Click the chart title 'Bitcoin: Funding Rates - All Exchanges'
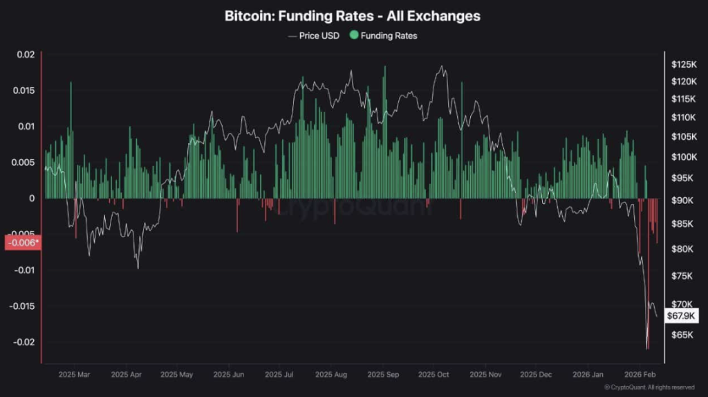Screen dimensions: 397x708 click(x=353, y=15)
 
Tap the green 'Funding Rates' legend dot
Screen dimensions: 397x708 click(x=355, y=35)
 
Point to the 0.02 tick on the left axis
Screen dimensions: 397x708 click(x=26, y=55)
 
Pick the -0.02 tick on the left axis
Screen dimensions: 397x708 click(x=24, y=342)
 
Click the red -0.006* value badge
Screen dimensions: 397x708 click(x=22, y=243)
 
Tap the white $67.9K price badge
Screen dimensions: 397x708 click(x=682, y=315)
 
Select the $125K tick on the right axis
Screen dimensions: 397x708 click(x=684, y=64)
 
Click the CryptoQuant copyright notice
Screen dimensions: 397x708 click(x=649, y=387)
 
